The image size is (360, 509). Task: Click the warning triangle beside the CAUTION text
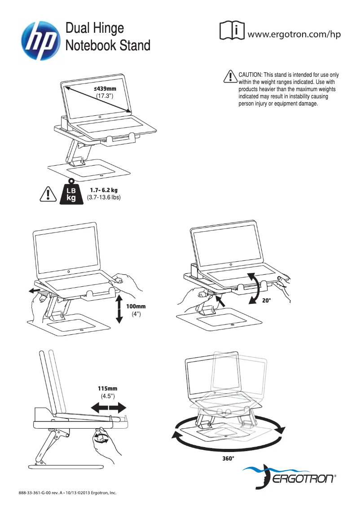230,77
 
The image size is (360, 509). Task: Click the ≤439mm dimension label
105,89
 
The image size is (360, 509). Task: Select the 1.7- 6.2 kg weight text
104,190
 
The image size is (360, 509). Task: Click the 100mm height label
136,306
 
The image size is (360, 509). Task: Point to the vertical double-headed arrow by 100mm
119,309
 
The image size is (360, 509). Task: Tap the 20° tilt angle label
267,301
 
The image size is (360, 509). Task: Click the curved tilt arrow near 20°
254,287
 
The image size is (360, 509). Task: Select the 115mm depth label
108,388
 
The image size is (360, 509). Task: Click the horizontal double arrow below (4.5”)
109,408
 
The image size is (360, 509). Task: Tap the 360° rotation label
228,459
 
